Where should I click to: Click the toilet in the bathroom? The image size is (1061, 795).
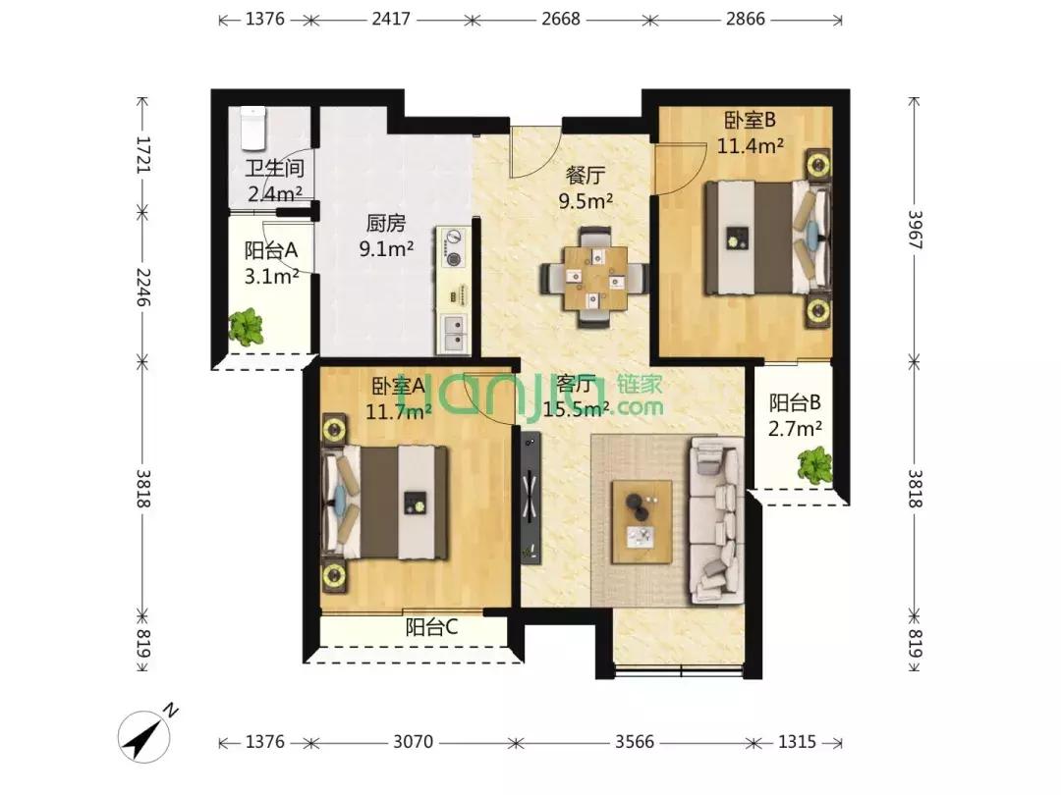[253, 128]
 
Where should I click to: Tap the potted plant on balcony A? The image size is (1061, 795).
[246, 327]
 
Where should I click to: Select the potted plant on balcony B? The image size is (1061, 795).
[814, 464]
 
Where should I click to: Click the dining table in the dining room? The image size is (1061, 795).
[593, 277]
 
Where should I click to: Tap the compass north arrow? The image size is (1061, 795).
[144, 737]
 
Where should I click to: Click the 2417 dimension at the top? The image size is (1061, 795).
[390, 19]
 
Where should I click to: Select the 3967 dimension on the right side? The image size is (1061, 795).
[915, 230]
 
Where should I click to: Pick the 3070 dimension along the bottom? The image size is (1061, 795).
[413, 742]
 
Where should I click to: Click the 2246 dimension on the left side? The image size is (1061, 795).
[142, 287]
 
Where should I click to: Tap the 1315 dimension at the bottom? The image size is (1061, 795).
[797, 742]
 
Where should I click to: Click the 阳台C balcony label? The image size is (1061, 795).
[431, 627]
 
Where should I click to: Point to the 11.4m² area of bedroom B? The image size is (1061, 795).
[751, 145]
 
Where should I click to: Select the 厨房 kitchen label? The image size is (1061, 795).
[386, 223]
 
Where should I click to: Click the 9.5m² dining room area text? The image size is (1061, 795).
[586, 201]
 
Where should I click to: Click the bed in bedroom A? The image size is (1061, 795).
[385, 503]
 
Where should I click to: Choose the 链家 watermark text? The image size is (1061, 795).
[640, 385]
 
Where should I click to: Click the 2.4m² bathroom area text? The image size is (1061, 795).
[275, 194]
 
